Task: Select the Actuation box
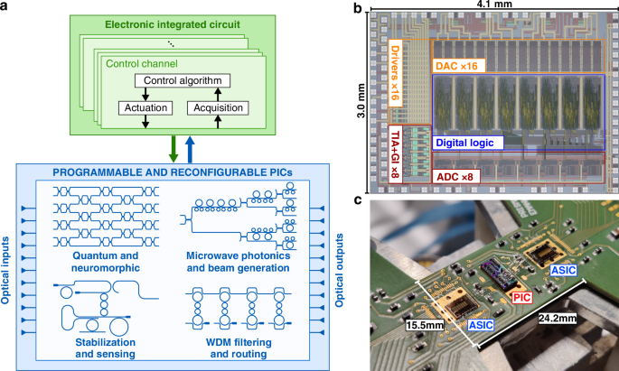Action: [145, 108]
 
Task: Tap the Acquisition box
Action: [215, 108]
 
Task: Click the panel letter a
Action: [6, 7]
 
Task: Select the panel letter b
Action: [357, 7]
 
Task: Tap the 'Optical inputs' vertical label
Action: [7, 262]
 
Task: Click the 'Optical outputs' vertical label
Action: [344, 262]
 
